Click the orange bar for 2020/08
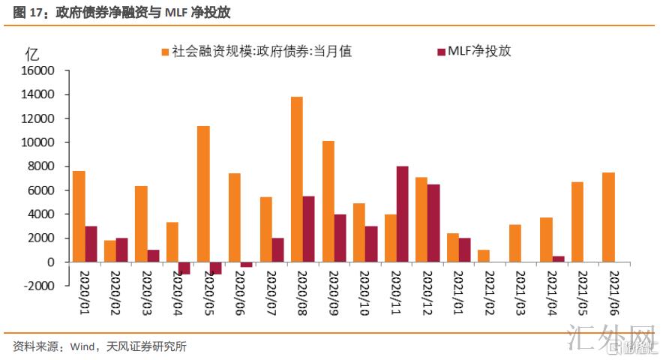click(297, 179)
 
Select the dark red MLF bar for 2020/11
click(402, 214)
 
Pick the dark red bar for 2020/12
click(433, 223)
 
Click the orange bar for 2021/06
click(608, 217)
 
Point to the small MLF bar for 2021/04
click(558, 259)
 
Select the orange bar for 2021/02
click(483, 256)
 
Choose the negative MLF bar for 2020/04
click(184, 268)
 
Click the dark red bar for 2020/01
click(91, 244)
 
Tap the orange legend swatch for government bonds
click(164, 52)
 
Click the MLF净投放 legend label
click(479, 52)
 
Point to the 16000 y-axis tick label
click(38, 70)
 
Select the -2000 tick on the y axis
click(39, 286)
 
